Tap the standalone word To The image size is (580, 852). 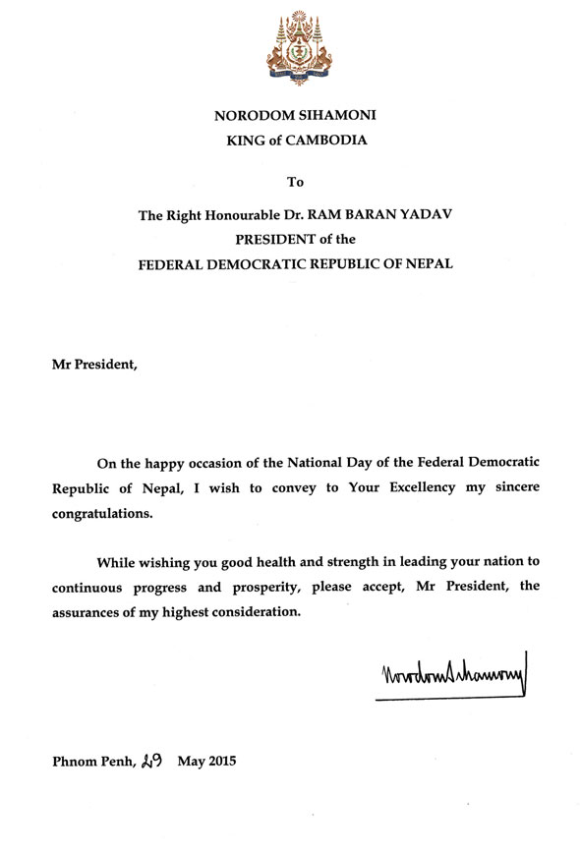click(x=295, y=182)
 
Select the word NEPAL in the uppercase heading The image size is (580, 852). click(x=425, y=267)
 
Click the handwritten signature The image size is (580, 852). click(x=451, y=677)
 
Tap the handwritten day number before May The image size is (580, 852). click(x=152, y=759)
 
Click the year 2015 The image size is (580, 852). click(x=218, y=761)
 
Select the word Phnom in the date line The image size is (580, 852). click(x=72, y=761)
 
